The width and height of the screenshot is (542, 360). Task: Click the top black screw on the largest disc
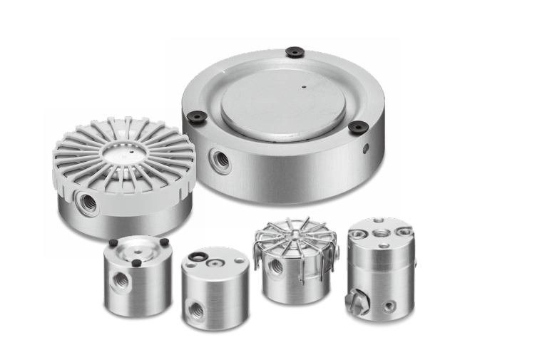coord(294,51)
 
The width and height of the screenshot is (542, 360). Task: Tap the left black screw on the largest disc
coord(199,115)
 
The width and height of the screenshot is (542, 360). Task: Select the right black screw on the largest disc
coord(358,127)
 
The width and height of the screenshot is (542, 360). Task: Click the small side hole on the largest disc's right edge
coord(366,148)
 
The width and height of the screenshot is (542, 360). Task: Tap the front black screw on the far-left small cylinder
coord(136,262)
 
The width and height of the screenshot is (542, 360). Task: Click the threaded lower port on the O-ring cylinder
coord(195,309)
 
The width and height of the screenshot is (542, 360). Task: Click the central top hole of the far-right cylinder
coord(379,233)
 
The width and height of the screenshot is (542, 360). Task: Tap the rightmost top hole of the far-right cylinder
coord(404,231)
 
